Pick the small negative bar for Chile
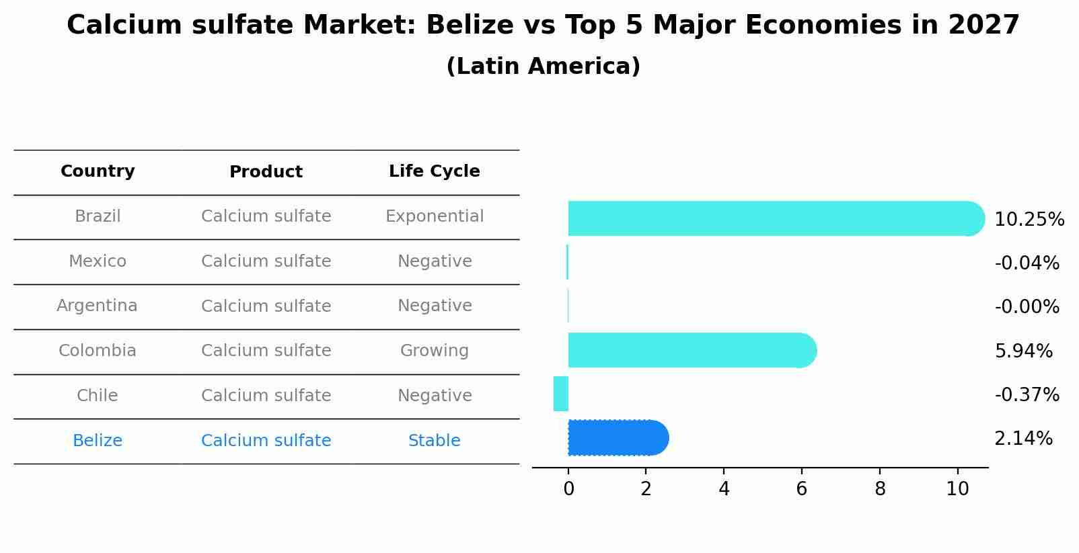561,394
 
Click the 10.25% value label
1029,220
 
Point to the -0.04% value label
1027,263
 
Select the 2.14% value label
1023,439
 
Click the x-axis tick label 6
801,489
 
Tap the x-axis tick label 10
957,489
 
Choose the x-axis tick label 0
568,489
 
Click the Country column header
98,171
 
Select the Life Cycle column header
435,171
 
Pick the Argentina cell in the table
97,306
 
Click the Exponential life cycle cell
435,216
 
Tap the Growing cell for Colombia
435,351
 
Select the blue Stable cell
435,441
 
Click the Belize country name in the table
98,441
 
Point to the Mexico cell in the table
98,261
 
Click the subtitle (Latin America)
543,67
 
